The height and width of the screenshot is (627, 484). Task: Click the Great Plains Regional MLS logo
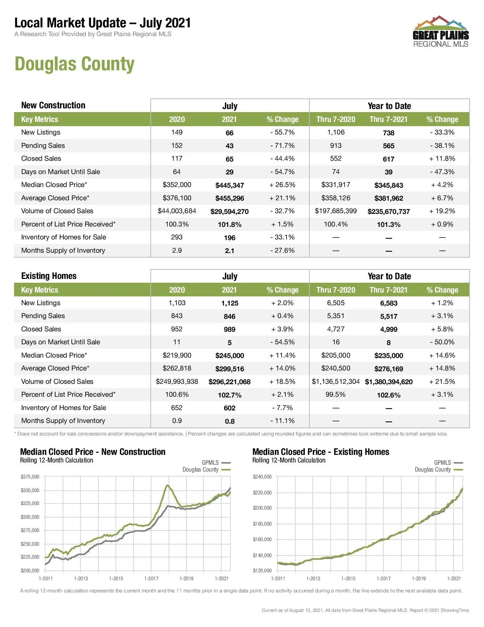[x=440, y=32]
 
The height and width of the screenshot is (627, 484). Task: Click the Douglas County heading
[x=74, y=64]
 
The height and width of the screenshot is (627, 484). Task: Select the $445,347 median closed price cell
[x=230, y=185]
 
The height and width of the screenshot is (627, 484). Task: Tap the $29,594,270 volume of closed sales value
[x=230, y=211]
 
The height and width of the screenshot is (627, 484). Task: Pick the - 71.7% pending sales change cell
[x=282, y=146]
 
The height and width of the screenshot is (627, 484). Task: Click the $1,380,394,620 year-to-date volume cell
[x=389, y=382]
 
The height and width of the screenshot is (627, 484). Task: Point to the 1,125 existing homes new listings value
[x=230, y=303]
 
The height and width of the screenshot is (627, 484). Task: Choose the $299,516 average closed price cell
[x=230, y=369]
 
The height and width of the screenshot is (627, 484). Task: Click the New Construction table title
[x=53, y=105]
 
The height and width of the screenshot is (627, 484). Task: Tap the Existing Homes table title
[x=49, y=276]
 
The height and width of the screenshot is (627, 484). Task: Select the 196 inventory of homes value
[x=230, y=237]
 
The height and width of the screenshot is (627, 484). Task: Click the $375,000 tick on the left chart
[x=30, y=477]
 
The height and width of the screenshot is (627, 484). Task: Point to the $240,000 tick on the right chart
[x=262, y=477]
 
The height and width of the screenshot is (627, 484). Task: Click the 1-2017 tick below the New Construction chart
[x=151, y=578]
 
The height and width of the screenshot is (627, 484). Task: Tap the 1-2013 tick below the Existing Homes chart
[x=313, y=578]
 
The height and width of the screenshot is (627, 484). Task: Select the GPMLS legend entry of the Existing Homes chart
[x=448, y=462]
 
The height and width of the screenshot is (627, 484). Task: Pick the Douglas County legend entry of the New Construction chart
[x=206, y=470]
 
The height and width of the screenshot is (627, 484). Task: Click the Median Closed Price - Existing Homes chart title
[x=321, y=452]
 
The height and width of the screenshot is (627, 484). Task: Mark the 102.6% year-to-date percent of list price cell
[x=389, y=395]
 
